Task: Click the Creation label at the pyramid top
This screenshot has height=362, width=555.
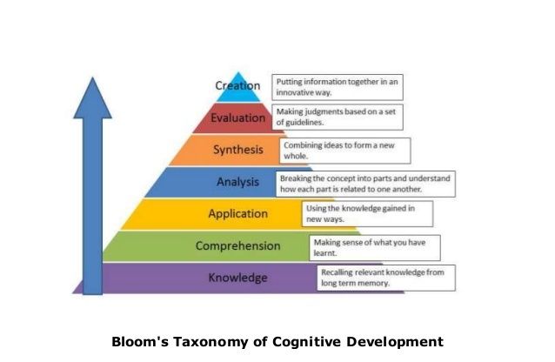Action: click(237, 85)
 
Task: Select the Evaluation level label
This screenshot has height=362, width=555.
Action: click(237, 117)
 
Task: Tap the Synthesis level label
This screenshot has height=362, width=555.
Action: click(237, 150)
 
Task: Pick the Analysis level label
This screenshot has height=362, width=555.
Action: click(237, 182)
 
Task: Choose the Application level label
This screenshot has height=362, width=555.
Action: click(237, 214)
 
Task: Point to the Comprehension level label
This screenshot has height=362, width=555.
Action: click(237, 246)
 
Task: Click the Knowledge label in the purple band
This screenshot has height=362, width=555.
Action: click(237, 278)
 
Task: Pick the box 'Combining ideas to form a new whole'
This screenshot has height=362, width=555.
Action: click(344, 151)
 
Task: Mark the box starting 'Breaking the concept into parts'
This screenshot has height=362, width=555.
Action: click(366, 183)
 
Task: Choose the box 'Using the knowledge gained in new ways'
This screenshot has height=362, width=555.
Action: click(366, 214)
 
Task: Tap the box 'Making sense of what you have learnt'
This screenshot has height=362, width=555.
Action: click(375, 247)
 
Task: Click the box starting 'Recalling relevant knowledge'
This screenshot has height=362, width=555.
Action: click(387, 278)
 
